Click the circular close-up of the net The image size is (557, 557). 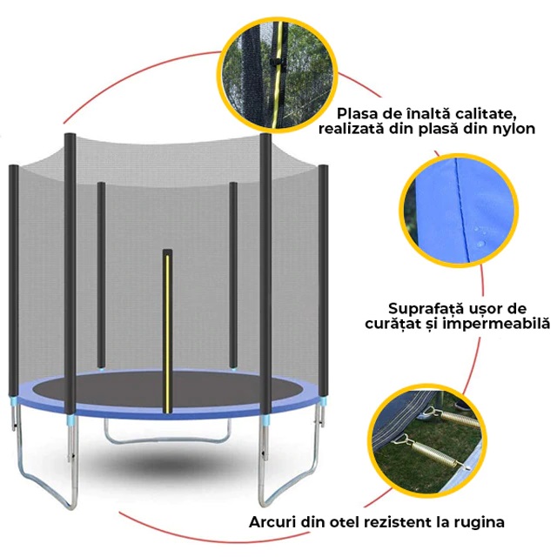click(278, 76)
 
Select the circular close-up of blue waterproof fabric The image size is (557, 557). click(459, 211)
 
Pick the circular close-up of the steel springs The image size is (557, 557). click(427, 441)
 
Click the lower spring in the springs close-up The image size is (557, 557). click(429, 452)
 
